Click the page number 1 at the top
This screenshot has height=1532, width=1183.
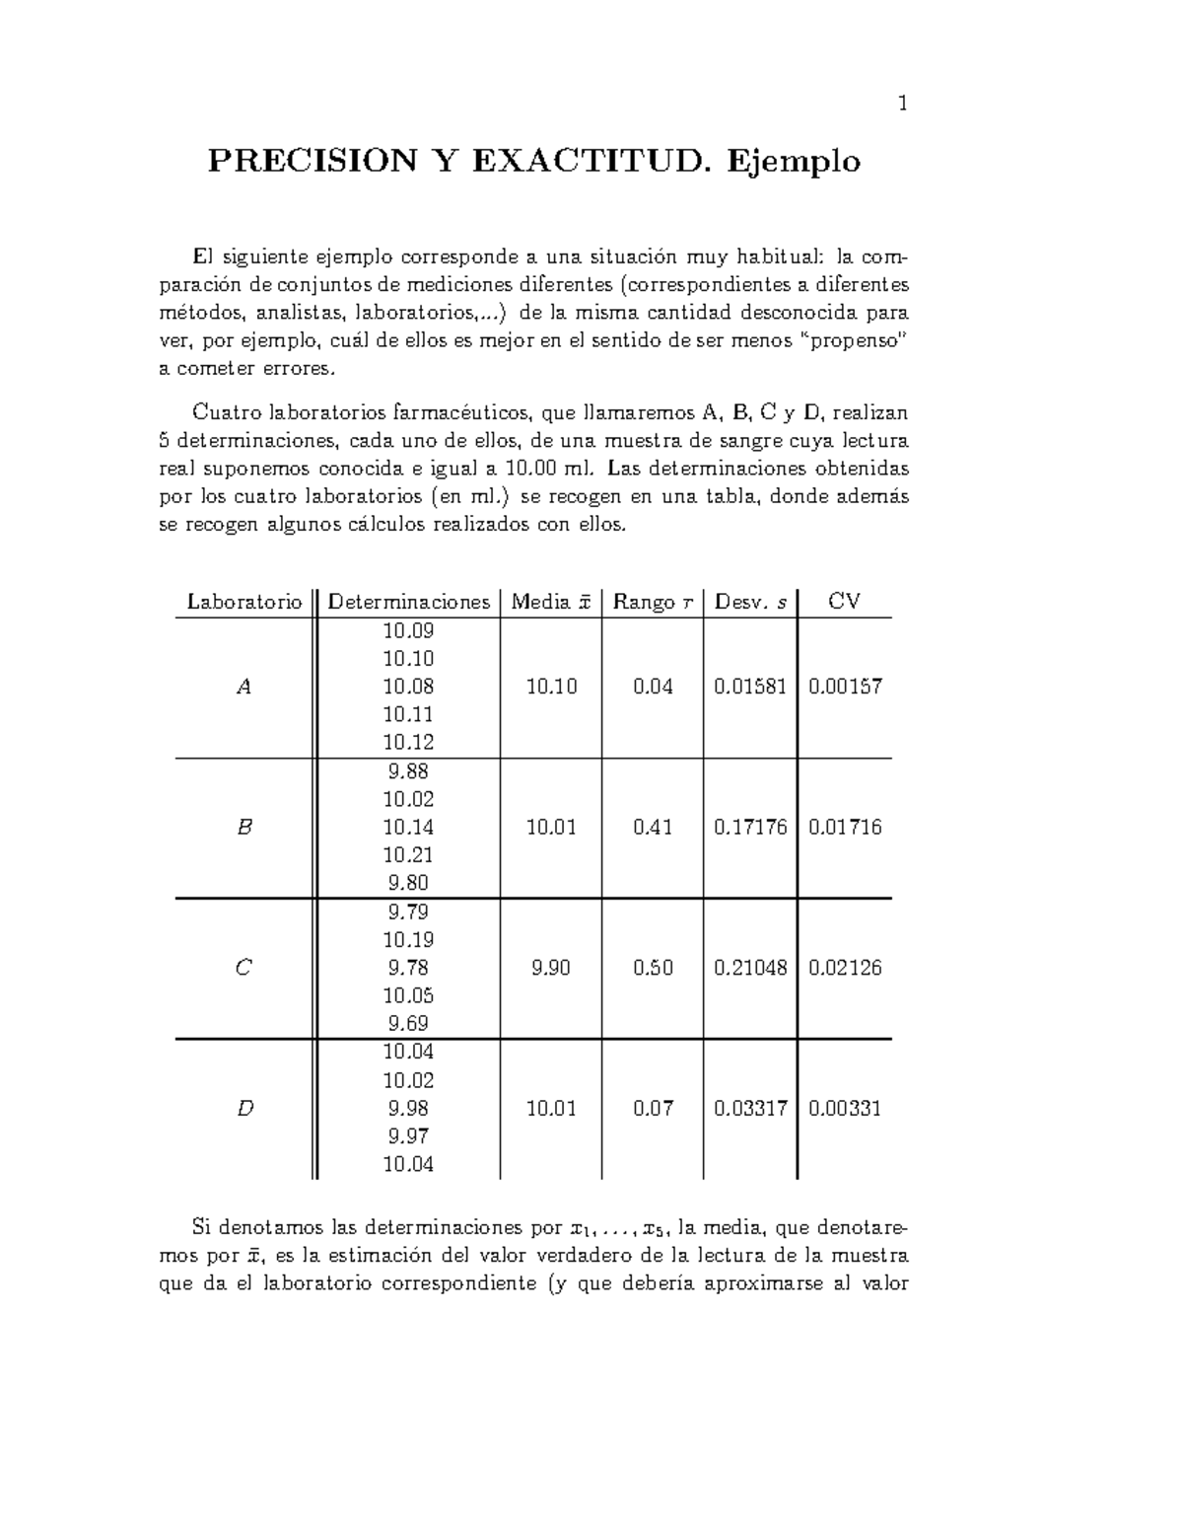[902, 104]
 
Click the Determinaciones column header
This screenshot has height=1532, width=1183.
[408, 602]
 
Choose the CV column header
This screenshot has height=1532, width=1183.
[844, 602]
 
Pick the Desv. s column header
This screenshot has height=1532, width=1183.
[750, 602]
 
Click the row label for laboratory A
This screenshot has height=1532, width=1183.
[244, 688]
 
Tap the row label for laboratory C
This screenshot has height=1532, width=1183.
[244, 969]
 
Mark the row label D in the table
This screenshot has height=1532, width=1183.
[244, 1109]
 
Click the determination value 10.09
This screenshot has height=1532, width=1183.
[408, 630]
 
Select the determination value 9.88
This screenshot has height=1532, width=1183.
[408, 771]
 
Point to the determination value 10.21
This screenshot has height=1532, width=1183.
[408, 855]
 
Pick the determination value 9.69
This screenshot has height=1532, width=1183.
[408, 1024]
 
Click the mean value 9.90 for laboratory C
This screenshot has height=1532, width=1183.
[550, 969]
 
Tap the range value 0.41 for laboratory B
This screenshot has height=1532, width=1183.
[653, 828]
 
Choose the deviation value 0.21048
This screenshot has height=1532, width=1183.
[750, 969]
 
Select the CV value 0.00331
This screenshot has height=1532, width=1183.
[845, 1109]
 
